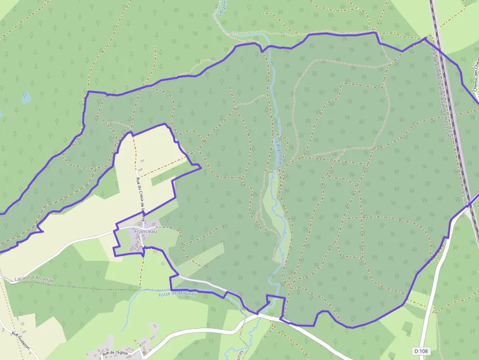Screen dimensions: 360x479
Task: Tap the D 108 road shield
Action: pyautogui.click(x=421, y=351)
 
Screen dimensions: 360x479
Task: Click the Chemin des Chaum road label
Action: pyautogui.click(x=475, y=73)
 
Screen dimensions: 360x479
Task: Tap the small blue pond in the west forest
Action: pyautogui.click(x=26, y=98)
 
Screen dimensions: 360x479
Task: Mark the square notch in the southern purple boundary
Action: pyautogui.click(x=275, y=303)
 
